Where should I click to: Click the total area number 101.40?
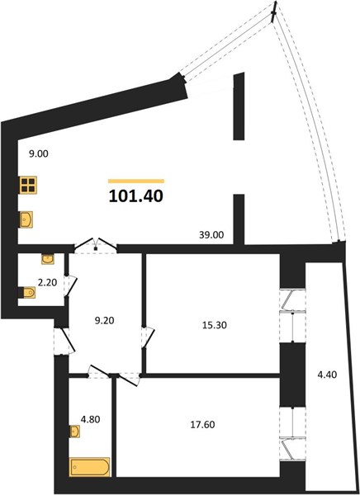(136, 196)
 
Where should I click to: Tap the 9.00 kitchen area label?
(39, 154)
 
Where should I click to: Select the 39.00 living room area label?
(211, 235)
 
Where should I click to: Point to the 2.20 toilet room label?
(47, 282)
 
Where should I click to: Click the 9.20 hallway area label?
(104, 320)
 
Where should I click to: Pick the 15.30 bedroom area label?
(215, 325)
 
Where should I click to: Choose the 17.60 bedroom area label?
(202, 425)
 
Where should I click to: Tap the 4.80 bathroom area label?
(91, 420)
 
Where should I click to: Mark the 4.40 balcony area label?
(327, 375)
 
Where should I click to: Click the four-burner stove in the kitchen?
(28, 185)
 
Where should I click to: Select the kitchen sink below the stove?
(26, 219)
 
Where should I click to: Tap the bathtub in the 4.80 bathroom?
(90, 467)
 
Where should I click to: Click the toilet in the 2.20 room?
(27, 292)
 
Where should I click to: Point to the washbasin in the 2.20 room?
(48, 259)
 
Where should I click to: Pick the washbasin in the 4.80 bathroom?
(75, 431)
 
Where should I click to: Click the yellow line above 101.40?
(136, 181)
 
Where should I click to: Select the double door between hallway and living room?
(96, 245)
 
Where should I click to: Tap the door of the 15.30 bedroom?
(148, 337)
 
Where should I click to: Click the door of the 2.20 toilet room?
(70, 286)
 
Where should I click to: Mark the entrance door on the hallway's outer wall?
(64, 341)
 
